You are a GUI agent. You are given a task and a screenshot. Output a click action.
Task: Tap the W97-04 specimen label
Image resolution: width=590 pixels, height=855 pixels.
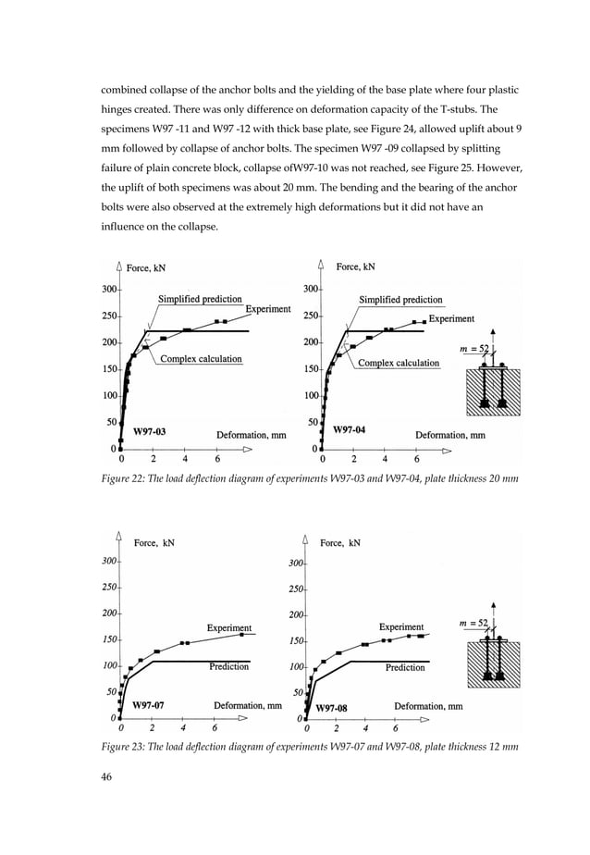point(350,430)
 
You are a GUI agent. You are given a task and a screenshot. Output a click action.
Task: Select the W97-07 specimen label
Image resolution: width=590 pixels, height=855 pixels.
point(148,705)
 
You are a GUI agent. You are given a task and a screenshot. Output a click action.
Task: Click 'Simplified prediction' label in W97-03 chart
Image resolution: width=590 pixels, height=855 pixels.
point(200,300)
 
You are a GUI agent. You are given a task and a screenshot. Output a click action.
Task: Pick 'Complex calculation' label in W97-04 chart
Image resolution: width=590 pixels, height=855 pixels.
point(399,363)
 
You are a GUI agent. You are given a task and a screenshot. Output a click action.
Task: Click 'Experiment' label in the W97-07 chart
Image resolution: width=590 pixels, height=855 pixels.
point(228,627)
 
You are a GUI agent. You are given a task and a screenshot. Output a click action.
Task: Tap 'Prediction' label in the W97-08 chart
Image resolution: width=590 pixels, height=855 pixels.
point(405,667)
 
